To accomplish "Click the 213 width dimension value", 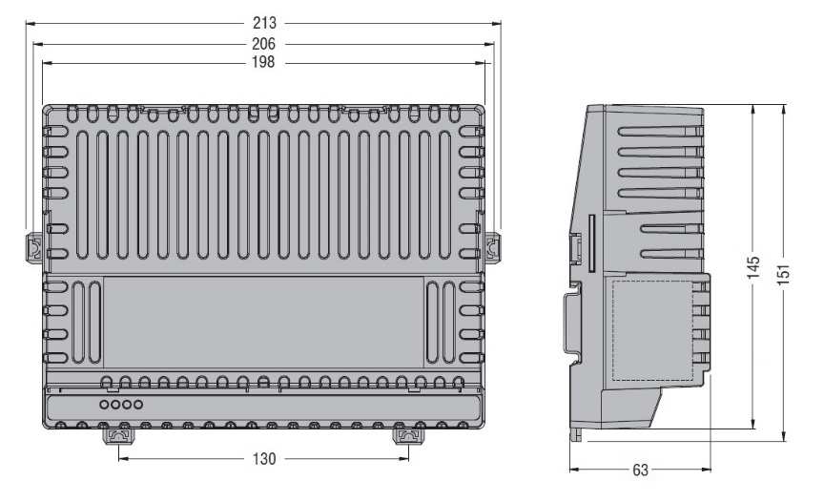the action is click(x=264, y=23).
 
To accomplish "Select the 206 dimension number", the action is click(x=264, y=44).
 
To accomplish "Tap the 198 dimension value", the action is click(x=263, y=62).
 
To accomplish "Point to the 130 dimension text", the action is click(x=264, y=459).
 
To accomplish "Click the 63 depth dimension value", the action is click(x=640, y=470).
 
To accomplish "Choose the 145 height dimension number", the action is click(x=753, y=267).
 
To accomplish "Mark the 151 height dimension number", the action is click(x=784, y=275).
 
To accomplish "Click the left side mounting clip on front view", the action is click(x=33, y=246).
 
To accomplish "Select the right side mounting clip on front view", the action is click(x=492, y=247).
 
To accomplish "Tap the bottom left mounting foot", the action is click(x=119, y=436).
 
